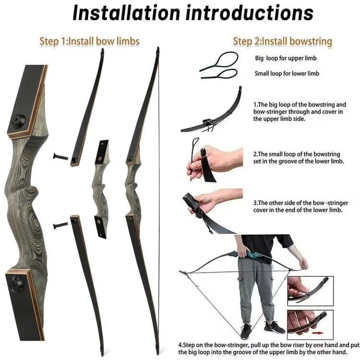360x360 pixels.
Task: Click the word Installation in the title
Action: (126, 13)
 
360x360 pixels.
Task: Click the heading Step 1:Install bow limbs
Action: (90, 41)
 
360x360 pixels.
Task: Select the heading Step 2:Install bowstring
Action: (283, 41)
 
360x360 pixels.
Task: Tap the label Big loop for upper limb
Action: (286, 58)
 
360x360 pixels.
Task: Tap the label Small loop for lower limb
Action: (287, 73)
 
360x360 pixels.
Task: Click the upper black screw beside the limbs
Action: (60, 157)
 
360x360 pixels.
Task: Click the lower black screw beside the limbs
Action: (60, 226)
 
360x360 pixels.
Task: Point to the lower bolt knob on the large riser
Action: (16, 283)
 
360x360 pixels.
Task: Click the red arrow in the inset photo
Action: (318, 333)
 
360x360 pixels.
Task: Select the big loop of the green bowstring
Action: (226, 59)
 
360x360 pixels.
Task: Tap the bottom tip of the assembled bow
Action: (157, 352)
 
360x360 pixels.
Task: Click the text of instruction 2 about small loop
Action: (299, 157)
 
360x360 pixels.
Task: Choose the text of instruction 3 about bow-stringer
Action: (300, 206)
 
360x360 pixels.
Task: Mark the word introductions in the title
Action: (249, 13)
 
